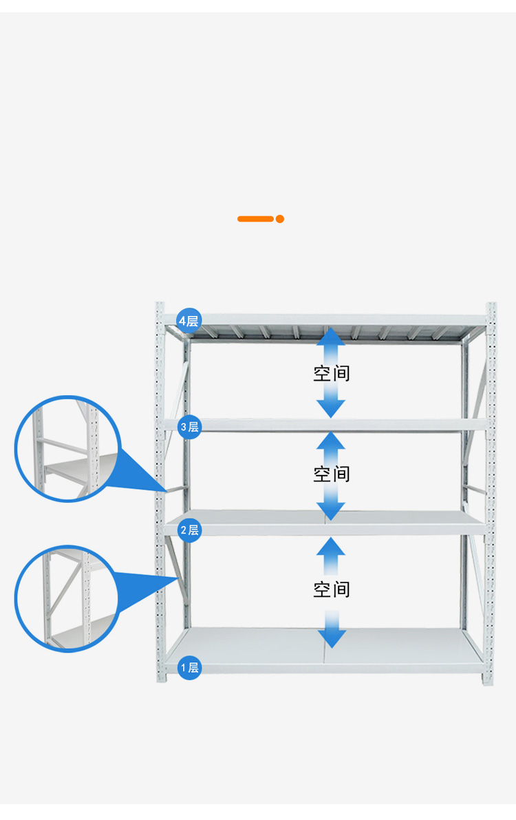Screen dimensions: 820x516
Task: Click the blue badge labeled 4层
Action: pyautogui.click(x=189, y=321)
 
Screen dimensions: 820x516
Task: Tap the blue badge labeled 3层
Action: pyautogui.click(x=189, y=427)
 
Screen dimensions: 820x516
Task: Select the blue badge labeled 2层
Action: pyautogui.click(x=189, y=529)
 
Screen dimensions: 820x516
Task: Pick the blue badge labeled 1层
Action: pyautogui.click(x=189, y=667)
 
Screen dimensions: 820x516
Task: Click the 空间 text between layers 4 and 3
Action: pyautogui.click(x=332, y=373)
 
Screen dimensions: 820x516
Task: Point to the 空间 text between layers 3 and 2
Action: pyautogui.click(x=332, y=474)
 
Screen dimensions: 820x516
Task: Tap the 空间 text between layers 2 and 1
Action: pyautogui.click(x=332, y=589)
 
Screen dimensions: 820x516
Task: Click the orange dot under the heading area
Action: pyautogui.click(x=280, y=219)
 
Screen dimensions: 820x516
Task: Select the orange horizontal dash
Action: pyautogui.click(x=255, y=219)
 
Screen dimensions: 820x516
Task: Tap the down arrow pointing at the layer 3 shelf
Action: pyautogui.click(x=332, y=406)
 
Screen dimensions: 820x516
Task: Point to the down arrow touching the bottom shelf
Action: pyautogui.click(x=332, y=637)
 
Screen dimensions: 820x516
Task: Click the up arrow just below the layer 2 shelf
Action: pyautogui.click(x=332, y=549)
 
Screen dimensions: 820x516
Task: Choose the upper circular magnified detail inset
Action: pyautogui.click(x=67, y=448)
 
